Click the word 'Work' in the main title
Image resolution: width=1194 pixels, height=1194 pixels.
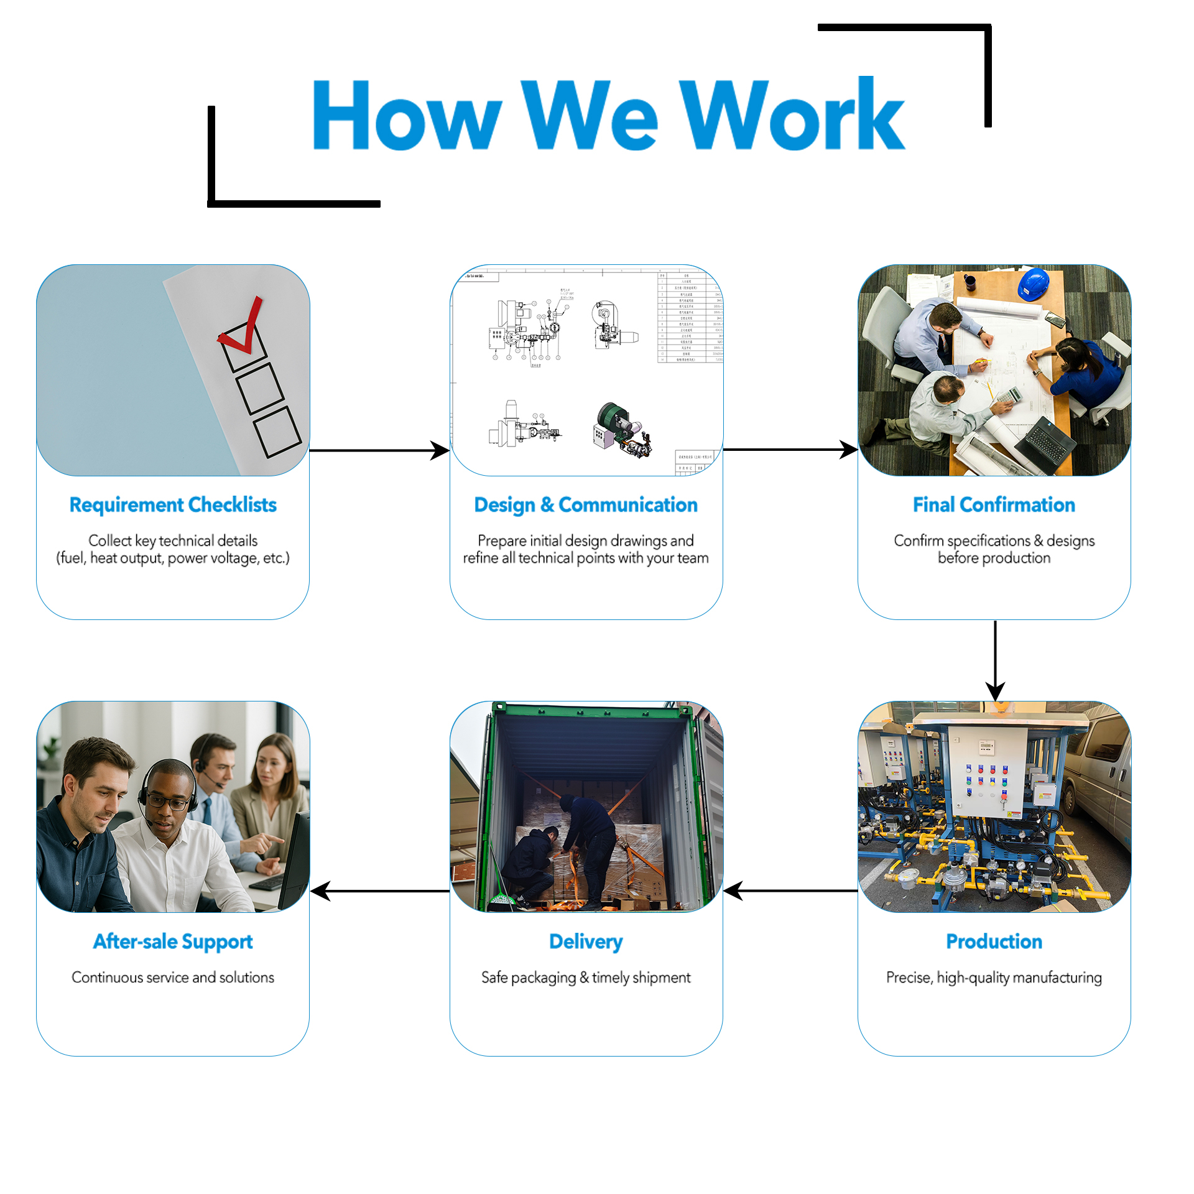[x=792, y=115]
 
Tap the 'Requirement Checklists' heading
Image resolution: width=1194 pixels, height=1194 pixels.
[x=173, y=504]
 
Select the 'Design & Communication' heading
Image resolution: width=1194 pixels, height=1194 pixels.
[x=586, y=504]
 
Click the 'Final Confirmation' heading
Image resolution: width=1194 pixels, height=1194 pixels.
[x=994, y=504]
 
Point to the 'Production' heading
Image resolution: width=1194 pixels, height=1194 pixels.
[x=994, y=941]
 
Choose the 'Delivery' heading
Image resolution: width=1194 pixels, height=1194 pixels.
[x=586, y=942]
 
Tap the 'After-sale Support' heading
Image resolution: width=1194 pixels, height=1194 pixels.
[x=173, y=942]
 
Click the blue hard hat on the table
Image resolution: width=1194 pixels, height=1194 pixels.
[x=1034, y=284]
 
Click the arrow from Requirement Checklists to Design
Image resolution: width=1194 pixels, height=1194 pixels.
[x=379, y=450]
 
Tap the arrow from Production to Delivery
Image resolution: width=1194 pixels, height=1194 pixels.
[x=790, y=891]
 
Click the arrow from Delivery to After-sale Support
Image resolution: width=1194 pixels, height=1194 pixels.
[x=379, y=891]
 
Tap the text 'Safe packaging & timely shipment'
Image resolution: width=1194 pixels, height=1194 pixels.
[x=586, y=978]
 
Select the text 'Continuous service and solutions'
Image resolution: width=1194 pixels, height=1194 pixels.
[x=173, y=977]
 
